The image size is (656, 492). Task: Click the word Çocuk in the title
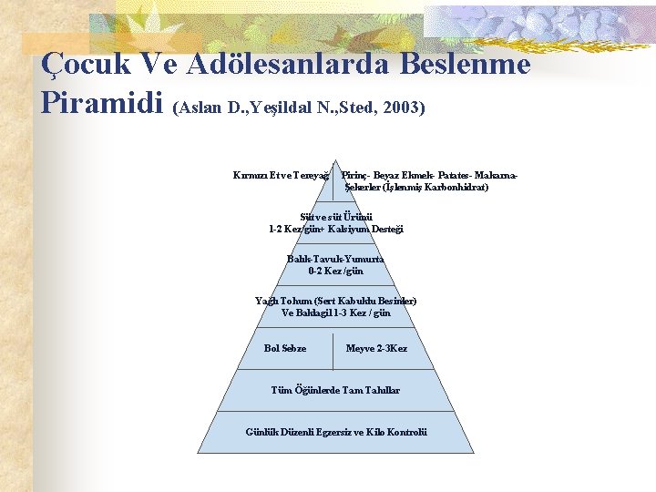tap(85, 66)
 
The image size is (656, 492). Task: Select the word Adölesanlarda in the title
tap(290, 65)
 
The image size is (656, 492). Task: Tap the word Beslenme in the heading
tap(466, 65)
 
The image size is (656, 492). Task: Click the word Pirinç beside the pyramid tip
tap(354, 174)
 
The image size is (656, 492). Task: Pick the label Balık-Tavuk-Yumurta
tap(335, 259)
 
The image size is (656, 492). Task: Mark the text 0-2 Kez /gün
tap(335, 271)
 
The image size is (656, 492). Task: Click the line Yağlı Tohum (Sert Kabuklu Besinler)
tap(335, 301)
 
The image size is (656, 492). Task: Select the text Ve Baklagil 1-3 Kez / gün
tap(335, 313)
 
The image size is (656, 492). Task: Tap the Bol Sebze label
tap(284, 348)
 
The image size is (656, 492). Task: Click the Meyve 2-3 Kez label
tap(376, 348)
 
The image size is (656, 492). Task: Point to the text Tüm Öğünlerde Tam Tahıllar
tap(335, 390)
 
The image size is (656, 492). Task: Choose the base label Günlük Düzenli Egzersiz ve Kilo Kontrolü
tap(335, 431)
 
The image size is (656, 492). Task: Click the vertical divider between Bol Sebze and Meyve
tap(333, 348)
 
